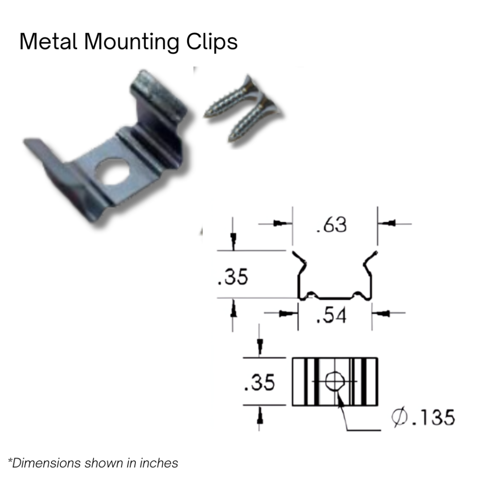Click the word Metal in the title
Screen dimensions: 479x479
pos(49,42)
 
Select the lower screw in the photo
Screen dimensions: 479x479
pos(255,117)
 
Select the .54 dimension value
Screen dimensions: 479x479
pos(331,316)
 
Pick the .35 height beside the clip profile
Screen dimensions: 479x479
pos(233,277)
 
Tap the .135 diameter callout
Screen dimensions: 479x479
pos(433,417)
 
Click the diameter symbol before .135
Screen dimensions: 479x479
pos(399,417)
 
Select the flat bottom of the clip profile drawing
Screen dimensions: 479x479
pos(335,297)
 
